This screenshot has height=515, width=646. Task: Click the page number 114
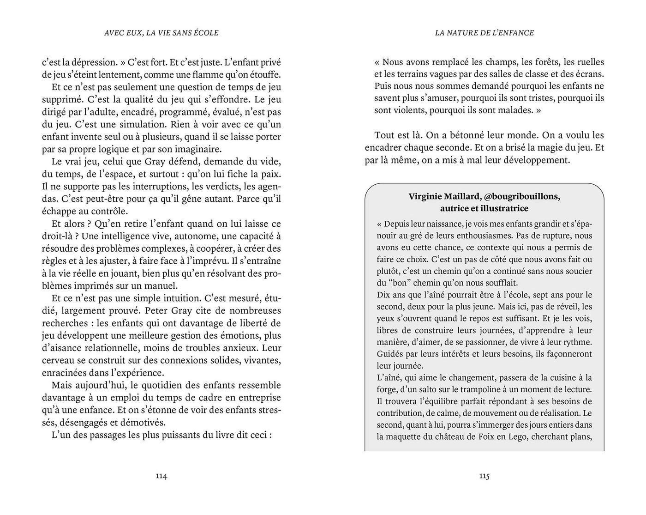click(161, 476)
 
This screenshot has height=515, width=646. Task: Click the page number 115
click(484, 476)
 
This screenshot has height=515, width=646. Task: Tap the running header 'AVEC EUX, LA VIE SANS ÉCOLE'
click(161, 33)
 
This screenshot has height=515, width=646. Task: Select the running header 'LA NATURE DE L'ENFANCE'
click(484, 33)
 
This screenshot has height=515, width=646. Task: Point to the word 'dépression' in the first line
click(93, 62)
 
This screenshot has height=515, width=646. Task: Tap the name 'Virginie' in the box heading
click(425, 196)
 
